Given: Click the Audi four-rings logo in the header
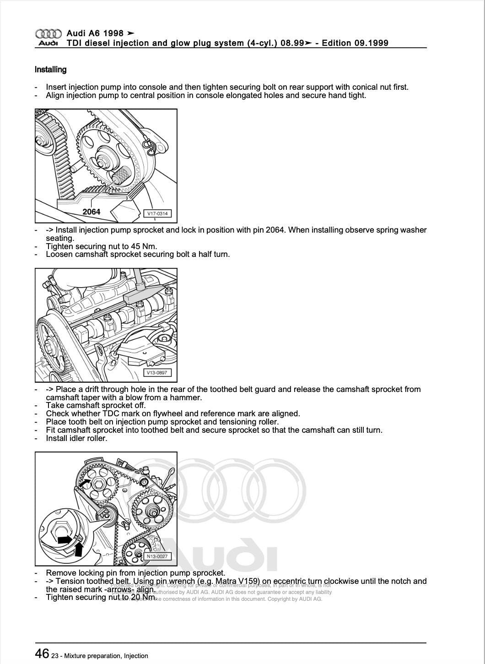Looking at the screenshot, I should [48, 33].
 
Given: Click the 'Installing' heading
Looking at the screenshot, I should [50, 70].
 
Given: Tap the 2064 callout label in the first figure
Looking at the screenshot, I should [91, 212].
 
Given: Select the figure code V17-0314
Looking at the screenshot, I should [157, 213].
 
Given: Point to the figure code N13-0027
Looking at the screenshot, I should [157, 556].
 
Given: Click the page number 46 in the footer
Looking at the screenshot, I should [42, 653].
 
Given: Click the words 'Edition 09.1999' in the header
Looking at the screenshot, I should [355, 43].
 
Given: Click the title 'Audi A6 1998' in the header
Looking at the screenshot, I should [95, 33].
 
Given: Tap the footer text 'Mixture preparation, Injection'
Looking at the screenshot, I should [106, 656].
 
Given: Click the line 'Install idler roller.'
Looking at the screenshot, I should [76, 438].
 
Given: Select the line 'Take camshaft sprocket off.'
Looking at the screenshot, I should [96, 405].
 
